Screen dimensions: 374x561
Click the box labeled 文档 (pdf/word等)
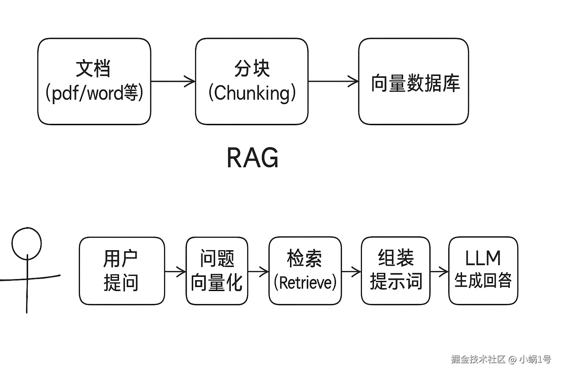pos(94,81)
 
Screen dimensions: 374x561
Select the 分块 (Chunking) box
pos(252,81)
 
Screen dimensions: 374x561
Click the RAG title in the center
pos(252,158)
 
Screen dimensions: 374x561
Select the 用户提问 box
pos(122,271)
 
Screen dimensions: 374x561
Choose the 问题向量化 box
pos(217,271)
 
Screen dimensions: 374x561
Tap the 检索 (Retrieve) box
pos(305,271)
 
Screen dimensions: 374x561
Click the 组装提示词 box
pos(396,271)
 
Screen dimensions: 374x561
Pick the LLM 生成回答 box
pos(483,271)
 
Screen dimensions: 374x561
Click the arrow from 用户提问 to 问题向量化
pos(175,271)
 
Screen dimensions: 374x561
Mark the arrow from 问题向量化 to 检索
pos(258,271)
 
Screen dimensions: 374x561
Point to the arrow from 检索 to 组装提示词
pos(351,271)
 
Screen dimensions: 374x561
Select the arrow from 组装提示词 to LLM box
pos(439,271)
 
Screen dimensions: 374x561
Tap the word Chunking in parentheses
pos(252,93)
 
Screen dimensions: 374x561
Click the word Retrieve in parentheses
pos(305,283)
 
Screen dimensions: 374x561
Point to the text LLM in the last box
pos(483,258)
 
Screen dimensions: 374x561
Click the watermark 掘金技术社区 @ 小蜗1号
pos(501,359)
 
